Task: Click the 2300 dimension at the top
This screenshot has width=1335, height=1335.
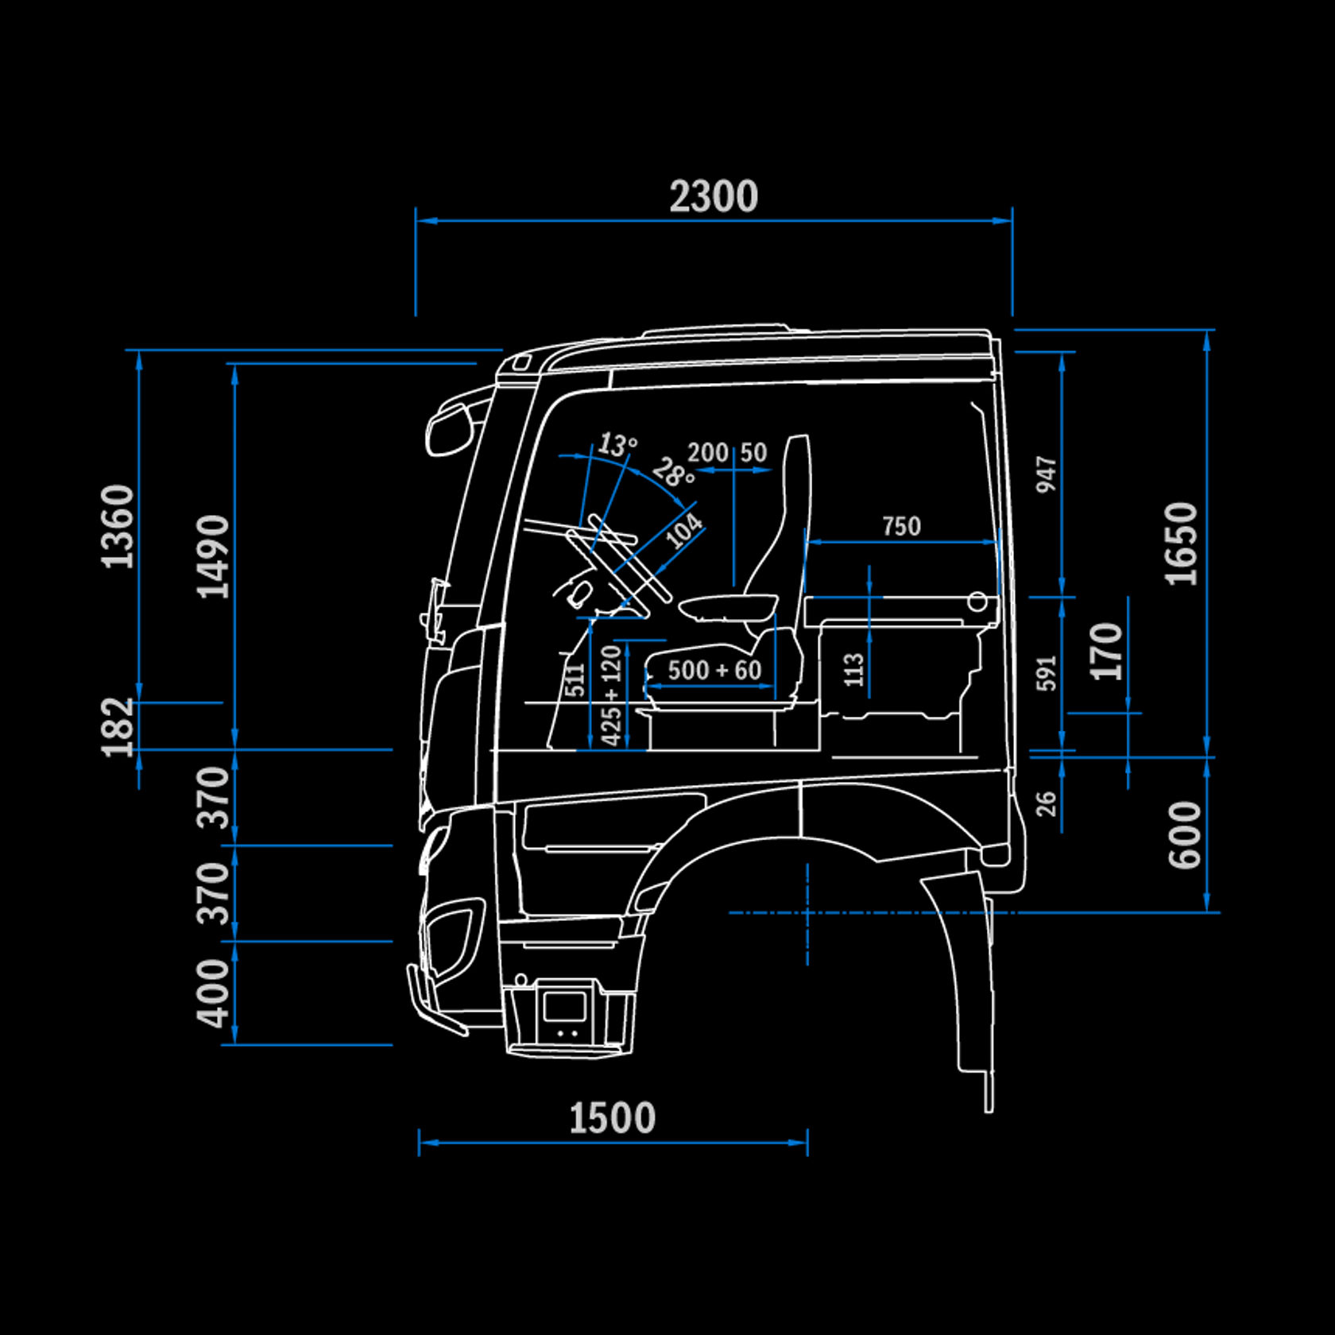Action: click(x=713, y=196)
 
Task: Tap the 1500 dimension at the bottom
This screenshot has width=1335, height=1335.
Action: click(x=612, y=1118)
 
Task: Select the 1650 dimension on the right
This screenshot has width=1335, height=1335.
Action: click(x=1181, y=544)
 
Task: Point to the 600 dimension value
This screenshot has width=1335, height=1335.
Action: click(x=1184, y=834)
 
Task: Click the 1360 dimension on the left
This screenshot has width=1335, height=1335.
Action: click(x=118, y=526)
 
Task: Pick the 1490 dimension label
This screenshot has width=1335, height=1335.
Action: click(x=213, y=556)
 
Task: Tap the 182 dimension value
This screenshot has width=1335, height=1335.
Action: click(x=118, y=726)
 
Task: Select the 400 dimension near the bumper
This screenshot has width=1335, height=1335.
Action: click(x=213, y=993)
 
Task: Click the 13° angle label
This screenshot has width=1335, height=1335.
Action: click(x=617, y=444)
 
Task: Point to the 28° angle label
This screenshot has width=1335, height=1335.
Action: click(x=673, y=474)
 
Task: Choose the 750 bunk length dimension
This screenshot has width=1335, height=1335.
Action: click(x=901, y=526)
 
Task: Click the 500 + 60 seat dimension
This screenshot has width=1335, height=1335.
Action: click(x=714, y=670)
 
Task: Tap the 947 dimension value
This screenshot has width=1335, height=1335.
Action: click(x=1047, y=474)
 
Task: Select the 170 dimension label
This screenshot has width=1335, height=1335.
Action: click(x=1106, y=652)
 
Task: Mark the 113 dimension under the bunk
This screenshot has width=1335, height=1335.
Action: click(x=854, y=670)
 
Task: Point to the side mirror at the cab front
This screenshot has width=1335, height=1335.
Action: click(x=449, y=429)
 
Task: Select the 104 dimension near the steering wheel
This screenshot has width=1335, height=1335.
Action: click(x=683, y=531)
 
